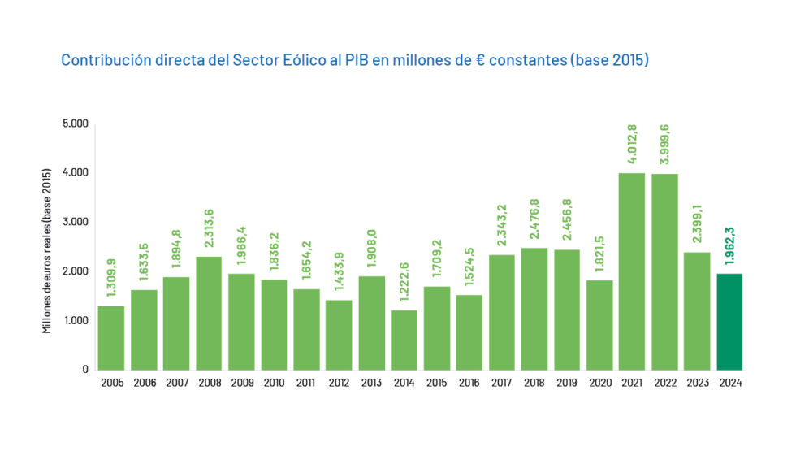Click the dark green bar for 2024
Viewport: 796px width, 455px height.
click(x=729, y=321)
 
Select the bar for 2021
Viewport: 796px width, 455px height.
click(x=632, y=271)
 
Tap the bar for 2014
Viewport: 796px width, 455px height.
click(x=404, y=340)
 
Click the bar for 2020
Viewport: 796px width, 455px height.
click(x=599, y=324)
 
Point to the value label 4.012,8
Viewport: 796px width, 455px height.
click(x=632, y=143)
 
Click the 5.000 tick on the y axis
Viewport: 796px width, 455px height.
click(x=76, y=124)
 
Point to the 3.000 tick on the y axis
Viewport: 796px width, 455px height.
click(x=76, y=222)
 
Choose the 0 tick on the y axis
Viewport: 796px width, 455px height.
click(x=84, y=369)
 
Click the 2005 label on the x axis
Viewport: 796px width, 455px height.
click(x=111, y=383)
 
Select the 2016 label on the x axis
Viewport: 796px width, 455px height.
click(x=469, y=383)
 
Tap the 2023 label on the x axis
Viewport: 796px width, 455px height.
click(x=697, y=383)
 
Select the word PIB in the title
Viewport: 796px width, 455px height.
click(x=356, y=61)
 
